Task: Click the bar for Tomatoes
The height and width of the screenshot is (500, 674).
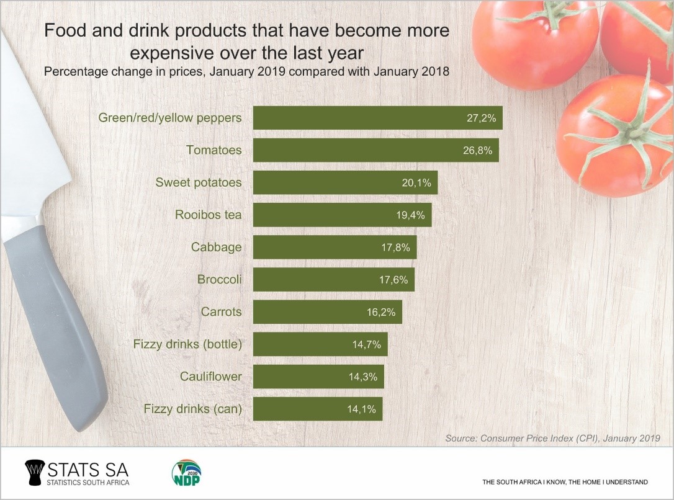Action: click(375, 150)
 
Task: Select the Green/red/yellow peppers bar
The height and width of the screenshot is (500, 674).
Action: click(377, 118)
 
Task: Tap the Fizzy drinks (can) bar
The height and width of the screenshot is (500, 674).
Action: click(318, 409)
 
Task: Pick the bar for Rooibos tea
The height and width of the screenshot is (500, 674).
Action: click(342, 215)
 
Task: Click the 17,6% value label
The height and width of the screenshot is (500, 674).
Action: click(393, 280)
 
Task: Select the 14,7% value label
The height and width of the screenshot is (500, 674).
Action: click(367, 344)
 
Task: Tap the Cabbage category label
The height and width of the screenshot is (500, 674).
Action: click(216, 247)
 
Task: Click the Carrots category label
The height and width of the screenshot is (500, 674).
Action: click(221, 311)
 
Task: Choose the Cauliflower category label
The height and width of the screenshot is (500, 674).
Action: click(210, 376)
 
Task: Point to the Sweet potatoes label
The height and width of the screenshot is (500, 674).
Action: click(198, 182)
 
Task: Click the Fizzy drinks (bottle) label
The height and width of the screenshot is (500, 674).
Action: click(187, 344)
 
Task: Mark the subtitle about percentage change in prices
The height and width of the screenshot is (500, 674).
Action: click(246, 71)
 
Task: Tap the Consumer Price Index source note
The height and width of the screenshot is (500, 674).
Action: click(552, 439)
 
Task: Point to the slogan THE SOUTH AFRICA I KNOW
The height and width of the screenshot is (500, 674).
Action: click(565, 482)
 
